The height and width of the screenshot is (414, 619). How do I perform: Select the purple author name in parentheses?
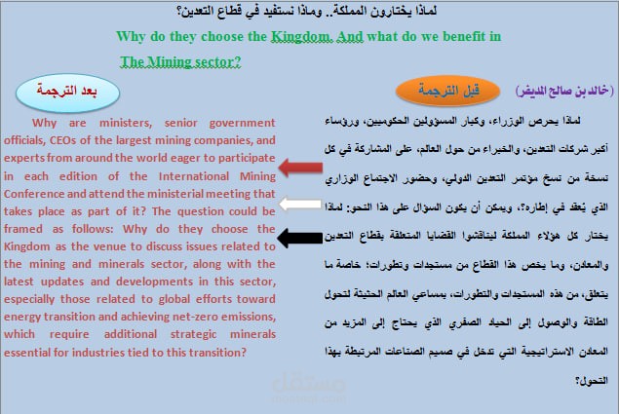pos(562,91)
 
